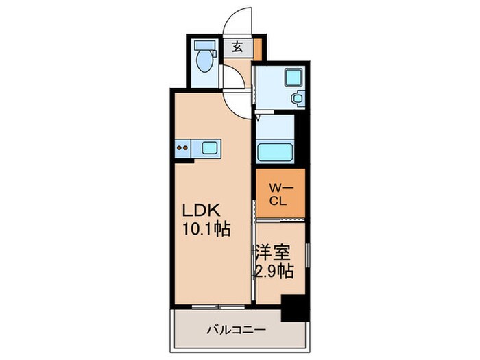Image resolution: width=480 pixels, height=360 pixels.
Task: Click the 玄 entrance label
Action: pos(237,48)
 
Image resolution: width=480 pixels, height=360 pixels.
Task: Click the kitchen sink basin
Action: pos(208,147)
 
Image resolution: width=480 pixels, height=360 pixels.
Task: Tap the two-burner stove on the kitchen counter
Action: pos(183,146)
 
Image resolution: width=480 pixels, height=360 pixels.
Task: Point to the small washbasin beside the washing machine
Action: pos(298,98)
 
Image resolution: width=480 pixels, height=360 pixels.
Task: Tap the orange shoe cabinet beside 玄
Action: pos(257,49)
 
